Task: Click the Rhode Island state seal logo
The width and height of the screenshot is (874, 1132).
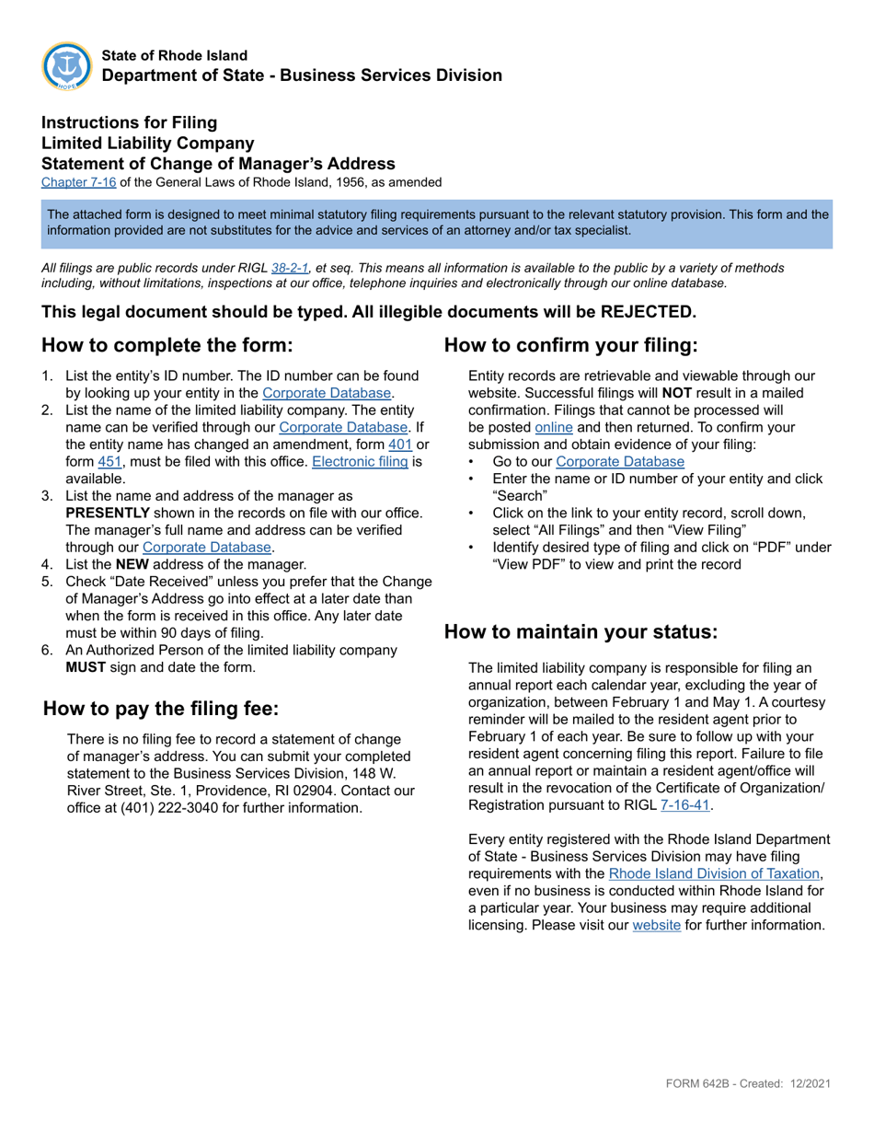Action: [67, 65]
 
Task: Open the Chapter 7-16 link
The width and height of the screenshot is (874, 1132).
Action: [79, 182]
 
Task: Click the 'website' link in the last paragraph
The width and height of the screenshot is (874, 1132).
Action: [657, 925]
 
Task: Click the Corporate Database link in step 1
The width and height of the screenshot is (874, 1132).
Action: [328, 392]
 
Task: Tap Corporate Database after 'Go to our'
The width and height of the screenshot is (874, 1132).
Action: [620, 461]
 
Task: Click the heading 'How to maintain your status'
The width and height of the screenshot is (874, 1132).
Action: [580, 631]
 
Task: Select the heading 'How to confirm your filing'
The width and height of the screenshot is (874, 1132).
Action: [571, 346]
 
